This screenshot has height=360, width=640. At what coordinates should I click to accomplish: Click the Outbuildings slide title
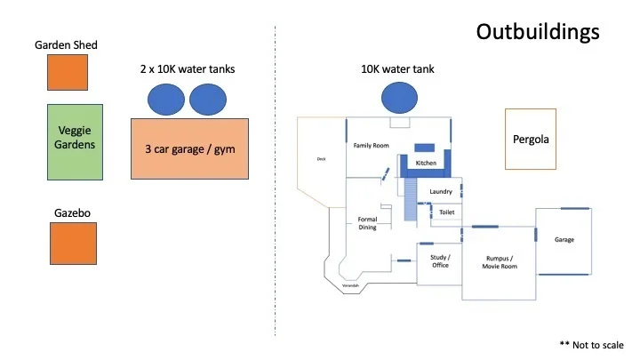click(537, 32)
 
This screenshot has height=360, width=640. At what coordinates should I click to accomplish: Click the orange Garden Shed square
click(68, 72)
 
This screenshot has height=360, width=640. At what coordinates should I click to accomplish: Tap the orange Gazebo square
click(73, 243)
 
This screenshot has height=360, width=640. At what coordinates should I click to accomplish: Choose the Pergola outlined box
click(531, 139)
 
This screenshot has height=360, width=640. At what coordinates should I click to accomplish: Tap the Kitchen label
click(427, 163)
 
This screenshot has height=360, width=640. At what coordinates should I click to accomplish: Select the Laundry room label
click(441, 192)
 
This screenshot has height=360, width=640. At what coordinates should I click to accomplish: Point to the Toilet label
click(446, 212)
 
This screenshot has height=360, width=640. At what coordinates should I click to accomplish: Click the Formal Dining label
click(367, 223)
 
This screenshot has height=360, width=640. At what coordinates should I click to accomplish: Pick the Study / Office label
click(439, 260)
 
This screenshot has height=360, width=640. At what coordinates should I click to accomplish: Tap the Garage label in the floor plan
click(564, 239)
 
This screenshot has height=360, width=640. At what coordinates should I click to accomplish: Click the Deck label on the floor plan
click(322, 160)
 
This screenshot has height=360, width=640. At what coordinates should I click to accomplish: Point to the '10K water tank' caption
click(397, 68)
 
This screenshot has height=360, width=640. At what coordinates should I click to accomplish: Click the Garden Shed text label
click(66, 44)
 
